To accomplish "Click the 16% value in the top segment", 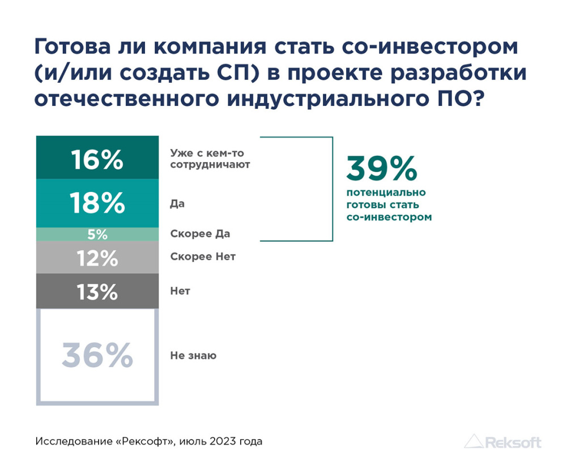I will coord(97,159).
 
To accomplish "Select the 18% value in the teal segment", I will coord(97,203).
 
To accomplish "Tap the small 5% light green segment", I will coord(97,234).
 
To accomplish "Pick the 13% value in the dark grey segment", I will coord(97,292).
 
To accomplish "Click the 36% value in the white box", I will coord(97,356).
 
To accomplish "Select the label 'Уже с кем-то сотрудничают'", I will coord(210,159).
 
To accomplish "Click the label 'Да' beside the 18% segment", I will coord(177,203).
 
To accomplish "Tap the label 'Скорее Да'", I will coord(200,234).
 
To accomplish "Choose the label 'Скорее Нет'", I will coord(202,257).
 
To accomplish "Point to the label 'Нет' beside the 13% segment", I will coord(180,291).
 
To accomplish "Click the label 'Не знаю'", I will coord(193,356).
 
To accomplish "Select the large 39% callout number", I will coord(381,169).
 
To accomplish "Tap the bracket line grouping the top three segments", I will coord(332,189).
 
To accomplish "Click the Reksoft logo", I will coord(502,442).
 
